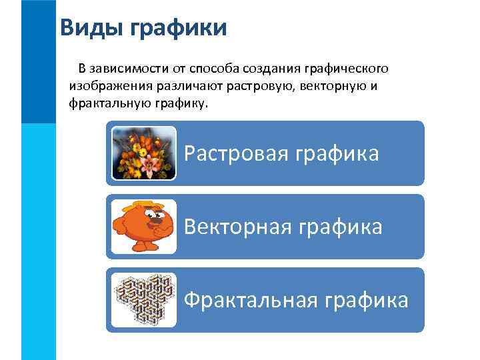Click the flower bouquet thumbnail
click(x=143, y=153)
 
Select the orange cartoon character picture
click(x=142, y=227)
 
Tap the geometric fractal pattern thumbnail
click(x=143, y=300)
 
